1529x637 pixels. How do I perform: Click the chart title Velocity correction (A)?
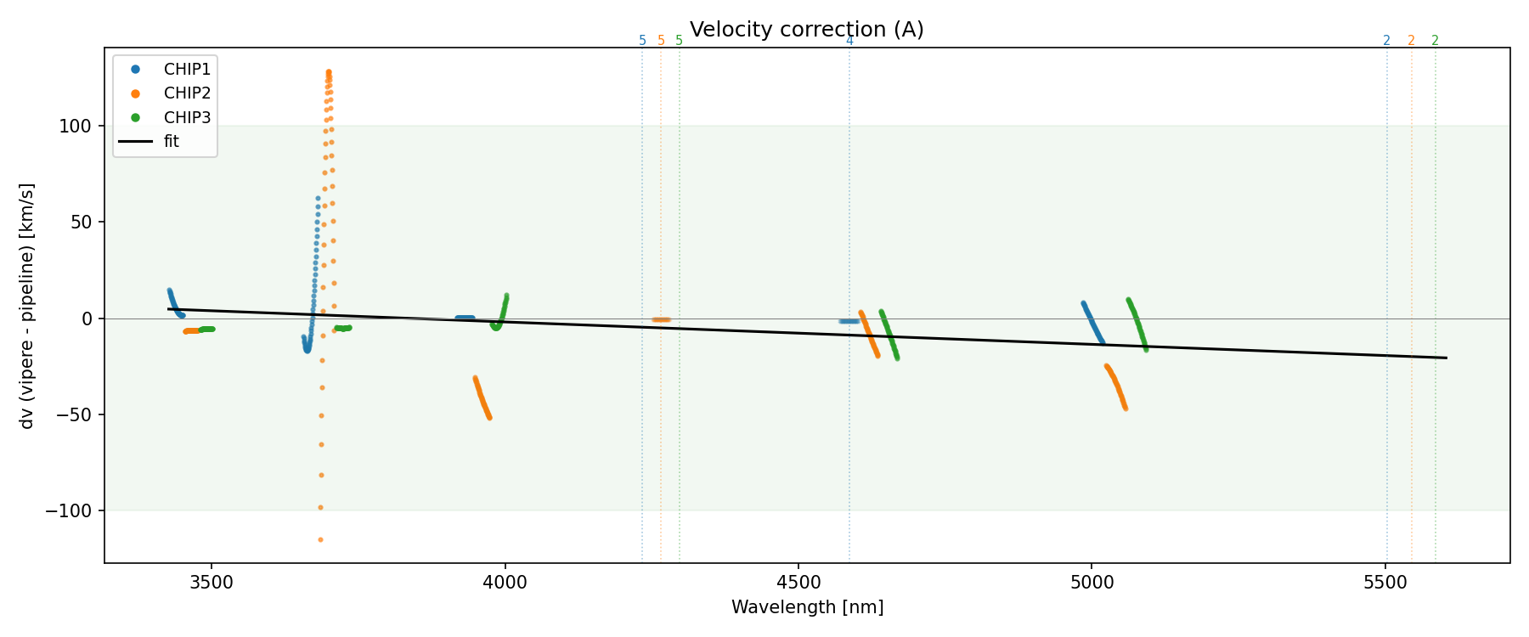pyautogui.click(x=806, y=30)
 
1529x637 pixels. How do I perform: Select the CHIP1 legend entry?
pyautogui.click(x=187, y=69)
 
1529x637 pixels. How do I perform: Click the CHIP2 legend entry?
pyautogui.click(x=187, y=93)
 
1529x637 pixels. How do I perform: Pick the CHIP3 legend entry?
pyautogui.click(x=187, y=117)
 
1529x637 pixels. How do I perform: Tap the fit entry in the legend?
pyautogui.click(x=171, y=142)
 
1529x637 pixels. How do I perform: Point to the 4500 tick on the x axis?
pyautogui.click(x=798, y=583)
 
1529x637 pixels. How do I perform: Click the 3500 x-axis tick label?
pyautogui.click(x=212, y=583)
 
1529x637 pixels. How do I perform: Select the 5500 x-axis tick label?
pyautogui.click(x=1385, y=583)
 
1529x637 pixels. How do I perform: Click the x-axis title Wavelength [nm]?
pyautogui.click(x=807, y=607)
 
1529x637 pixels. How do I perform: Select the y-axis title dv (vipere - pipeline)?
pyautogui.click(x=27, y=306)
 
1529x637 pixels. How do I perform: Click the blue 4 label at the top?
pyautogui.click(x=849, y=41)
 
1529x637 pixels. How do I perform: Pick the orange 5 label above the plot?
pyautogui.click(x=661, y=41)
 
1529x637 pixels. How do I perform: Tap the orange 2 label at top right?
pyautogui.click(x=1411, y=41)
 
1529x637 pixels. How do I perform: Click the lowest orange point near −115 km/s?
pyautogui.click(x=320, y=539)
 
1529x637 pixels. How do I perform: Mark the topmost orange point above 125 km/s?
pyautogui.click(x=329, y=72)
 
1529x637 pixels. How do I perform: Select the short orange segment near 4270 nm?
pyautogui.click(x=661, y=319)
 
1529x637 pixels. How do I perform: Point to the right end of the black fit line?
pyautogui.click(x=1446, y=358)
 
